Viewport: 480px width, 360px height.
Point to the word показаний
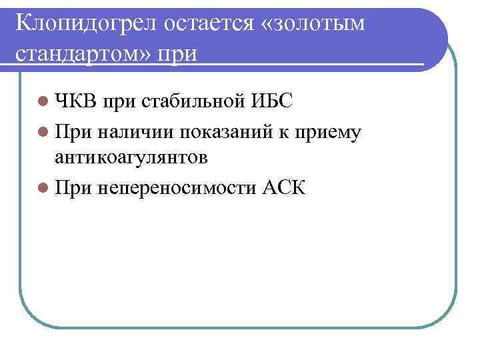click(x=216, y=132)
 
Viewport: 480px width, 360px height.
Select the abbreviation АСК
click(x=285, y=187)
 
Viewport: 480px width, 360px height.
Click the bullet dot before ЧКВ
click(x=43, y=103)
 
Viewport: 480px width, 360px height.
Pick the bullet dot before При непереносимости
click(x=43, y=187)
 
